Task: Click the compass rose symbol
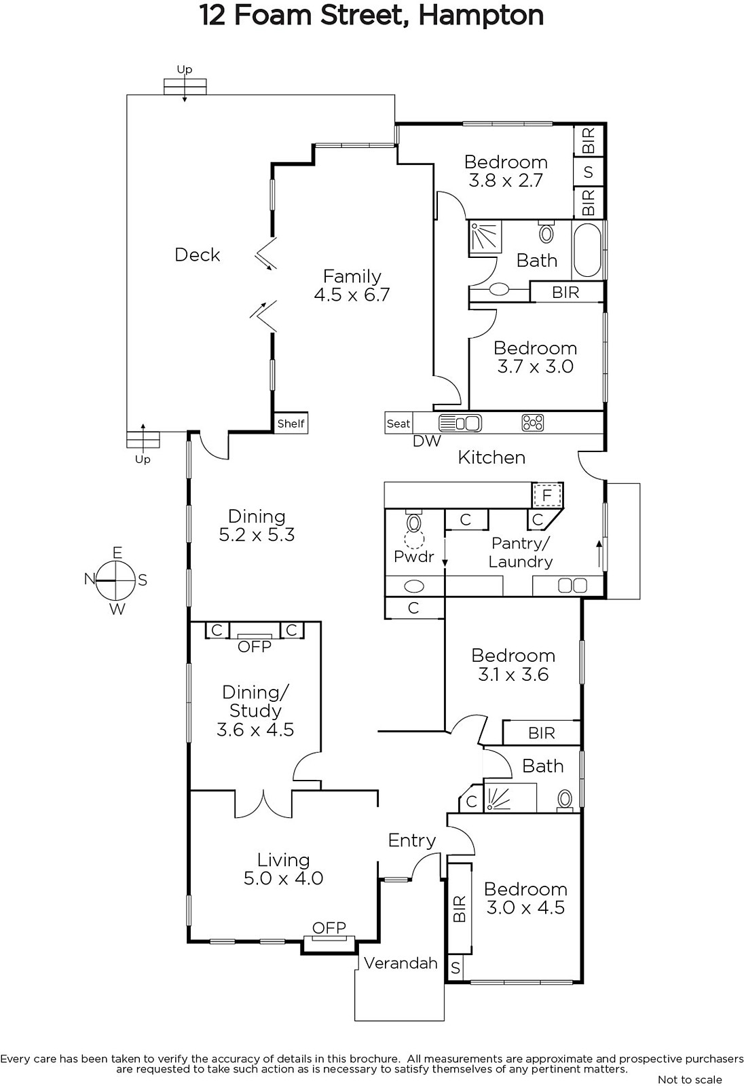[115, 580]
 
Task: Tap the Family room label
[352, 276]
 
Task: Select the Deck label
[198, 255]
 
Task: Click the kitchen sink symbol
[460, 424]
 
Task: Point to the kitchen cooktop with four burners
[532, 423]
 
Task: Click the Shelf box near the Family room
[291, 424]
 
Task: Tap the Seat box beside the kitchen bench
[398, 424]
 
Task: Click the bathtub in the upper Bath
[588, 250]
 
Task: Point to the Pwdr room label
[413, 556]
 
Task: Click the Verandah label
[401, 963]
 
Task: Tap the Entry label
[412, 840]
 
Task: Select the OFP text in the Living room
[329, 928]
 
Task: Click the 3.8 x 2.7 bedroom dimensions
[505, 181]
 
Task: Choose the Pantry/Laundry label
[521, 553]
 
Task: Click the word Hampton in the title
[481, 16]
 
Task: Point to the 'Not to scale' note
[690, 1079]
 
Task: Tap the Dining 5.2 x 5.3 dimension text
[257, 535]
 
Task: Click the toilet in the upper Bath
[546, 232]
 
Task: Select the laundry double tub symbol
[573, 586]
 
